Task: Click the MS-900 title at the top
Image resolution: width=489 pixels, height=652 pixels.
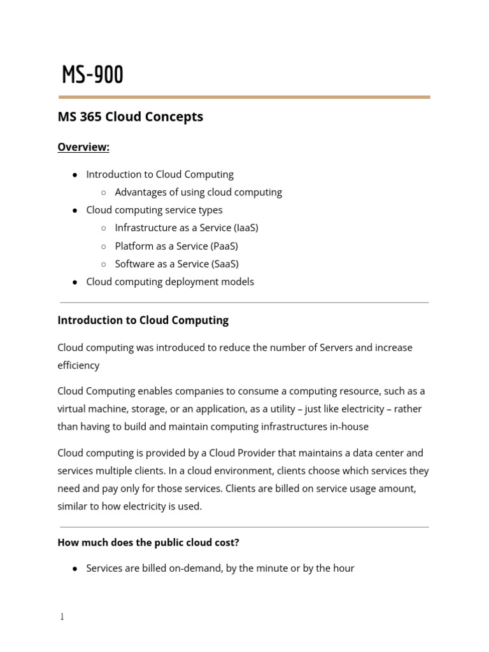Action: point(92,75)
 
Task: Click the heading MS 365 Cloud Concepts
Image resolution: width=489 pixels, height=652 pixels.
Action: point(130,117)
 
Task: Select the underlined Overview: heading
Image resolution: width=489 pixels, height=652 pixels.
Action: point(83,147)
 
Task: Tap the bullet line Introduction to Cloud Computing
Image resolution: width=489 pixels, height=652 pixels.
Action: point(160,174)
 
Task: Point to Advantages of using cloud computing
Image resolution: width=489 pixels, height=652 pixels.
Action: point(198,192)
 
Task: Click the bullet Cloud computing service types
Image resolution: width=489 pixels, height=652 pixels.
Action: point(154,209)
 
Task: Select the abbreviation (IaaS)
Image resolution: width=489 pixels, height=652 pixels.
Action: point(246,227)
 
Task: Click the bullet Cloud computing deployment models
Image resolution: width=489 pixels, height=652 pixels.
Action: point(170,281)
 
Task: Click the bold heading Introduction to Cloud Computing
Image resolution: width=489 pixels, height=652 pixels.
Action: point(143,320)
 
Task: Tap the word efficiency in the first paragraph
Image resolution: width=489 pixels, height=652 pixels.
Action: point(78,365)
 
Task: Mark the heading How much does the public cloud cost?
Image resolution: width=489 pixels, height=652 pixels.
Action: point(148,542)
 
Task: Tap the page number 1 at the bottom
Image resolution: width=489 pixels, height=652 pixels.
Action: point(62,616)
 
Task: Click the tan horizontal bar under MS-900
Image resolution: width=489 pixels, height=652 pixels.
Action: point(244,97)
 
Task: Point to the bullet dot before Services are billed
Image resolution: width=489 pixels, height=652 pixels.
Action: point(75,569)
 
